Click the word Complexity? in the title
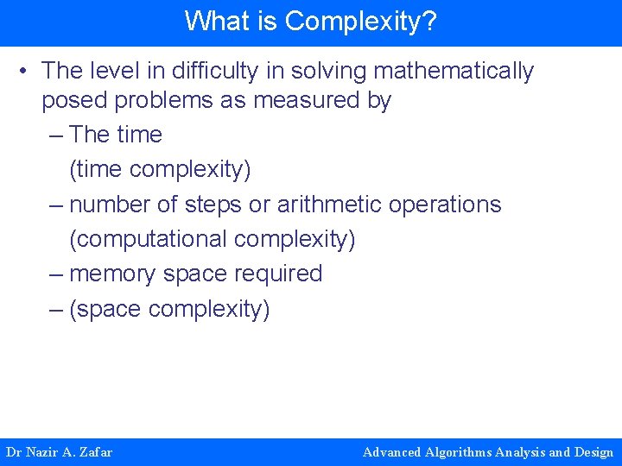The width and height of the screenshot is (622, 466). (361, 21)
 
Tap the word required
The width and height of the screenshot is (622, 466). (278, 274)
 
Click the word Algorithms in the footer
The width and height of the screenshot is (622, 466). (459, 452)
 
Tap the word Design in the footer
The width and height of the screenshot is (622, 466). (593, 452)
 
